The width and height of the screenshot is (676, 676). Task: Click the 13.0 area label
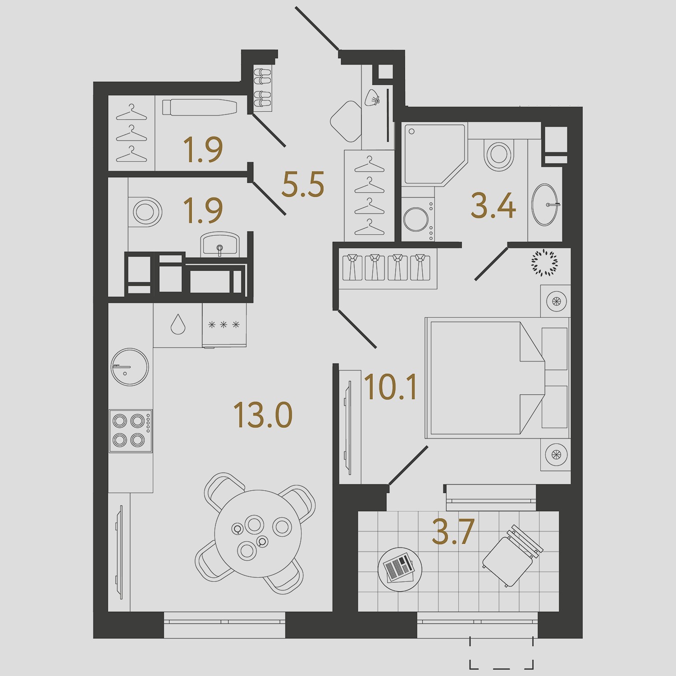(263, 415)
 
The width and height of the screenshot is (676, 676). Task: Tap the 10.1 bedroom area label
(390, 387)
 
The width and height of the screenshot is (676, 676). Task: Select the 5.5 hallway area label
(303, 185)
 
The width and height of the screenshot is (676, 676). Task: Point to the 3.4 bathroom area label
(493, 206)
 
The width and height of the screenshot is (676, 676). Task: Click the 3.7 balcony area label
(453, 531)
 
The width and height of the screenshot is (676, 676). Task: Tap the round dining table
(258, 534)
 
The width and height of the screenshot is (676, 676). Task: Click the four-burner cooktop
(131, 431)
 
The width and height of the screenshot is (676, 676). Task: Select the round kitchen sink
(130, 367)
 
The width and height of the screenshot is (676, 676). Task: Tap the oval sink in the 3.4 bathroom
(545, 205)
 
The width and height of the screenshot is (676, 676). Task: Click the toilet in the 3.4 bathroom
(499, 153)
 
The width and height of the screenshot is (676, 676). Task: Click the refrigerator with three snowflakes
(224, 324)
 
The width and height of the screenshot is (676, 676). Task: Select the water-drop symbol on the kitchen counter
(178, 324)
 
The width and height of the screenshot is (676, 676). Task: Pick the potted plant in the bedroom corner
(544, 262)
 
